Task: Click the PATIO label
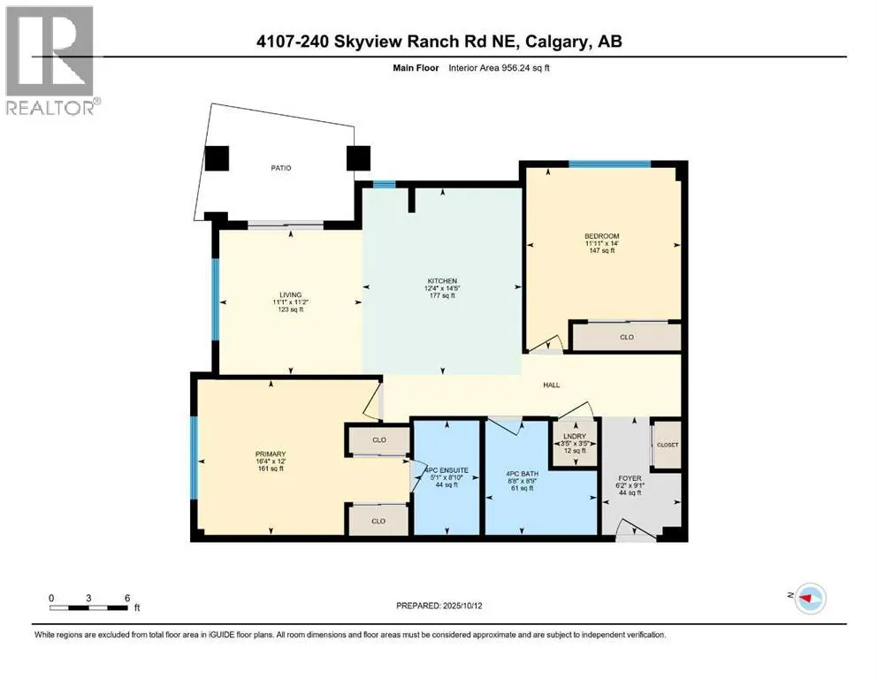(281, 167)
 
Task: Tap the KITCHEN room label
(439, 281)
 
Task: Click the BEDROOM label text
(601, 235)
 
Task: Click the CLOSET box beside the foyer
(668, 444)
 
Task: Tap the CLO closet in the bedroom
(626, 337)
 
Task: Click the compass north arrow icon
(806, 599)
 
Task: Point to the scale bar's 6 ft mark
(127, 598)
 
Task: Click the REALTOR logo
(50, 59)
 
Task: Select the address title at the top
(439, 41)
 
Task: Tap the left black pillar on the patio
(217, 158)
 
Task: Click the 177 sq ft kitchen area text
(439, 296)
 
